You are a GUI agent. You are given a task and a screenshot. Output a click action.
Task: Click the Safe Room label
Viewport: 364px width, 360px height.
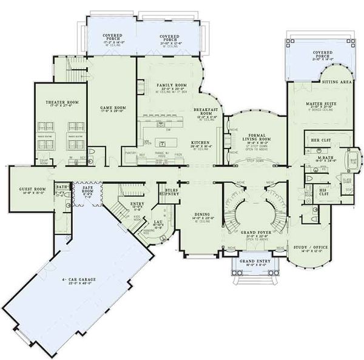(x=89, y=190)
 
